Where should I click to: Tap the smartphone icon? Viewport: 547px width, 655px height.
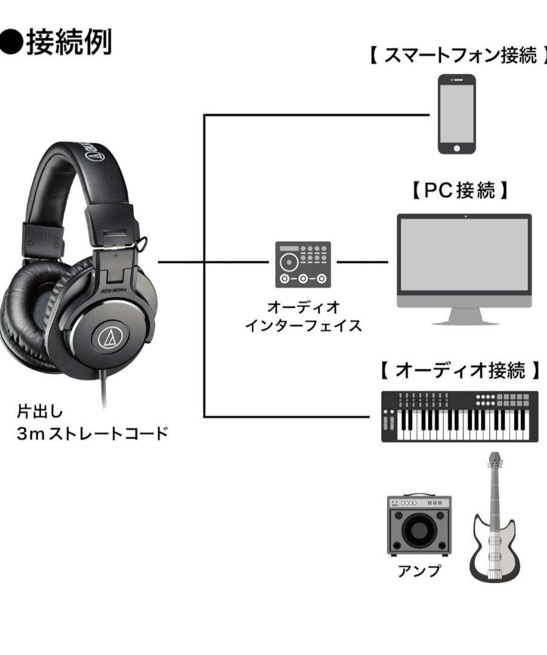click(457, 114)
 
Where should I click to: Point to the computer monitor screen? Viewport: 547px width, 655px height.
click(464, 255)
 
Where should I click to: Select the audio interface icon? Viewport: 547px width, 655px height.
click(303, 264)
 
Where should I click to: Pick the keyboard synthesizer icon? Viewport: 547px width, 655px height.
click(460, 417)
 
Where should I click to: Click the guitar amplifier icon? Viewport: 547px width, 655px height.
click(419, 525)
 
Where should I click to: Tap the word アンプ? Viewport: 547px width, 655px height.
click(419, 571)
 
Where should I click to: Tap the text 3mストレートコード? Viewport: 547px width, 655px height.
click(91, 434)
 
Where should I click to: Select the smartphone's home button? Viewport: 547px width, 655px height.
click(457, 147)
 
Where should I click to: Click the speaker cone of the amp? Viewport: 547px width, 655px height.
click(419, 531)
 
